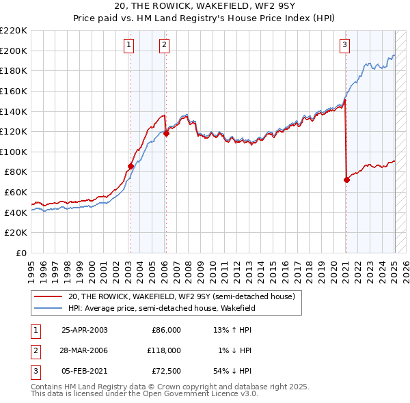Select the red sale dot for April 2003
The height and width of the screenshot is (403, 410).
tap(131, 166)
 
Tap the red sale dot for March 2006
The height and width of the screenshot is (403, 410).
tap(166, 133)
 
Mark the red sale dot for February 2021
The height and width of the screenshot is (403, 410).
tap(346, 180)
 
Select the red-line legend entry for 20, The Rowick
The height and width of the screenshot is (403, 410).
tap(181, 296)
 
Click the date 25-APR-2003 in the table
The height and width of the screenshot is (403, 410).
tap(85, 330)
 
